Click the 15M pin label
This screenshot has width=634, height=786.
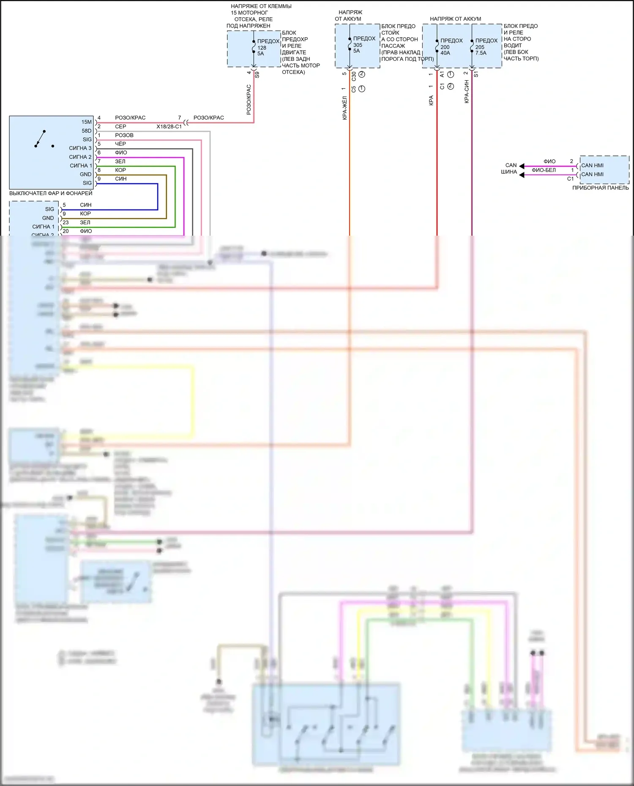[x=86, y=122]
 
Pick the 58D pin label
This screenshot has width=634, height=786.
[x=86, y=131]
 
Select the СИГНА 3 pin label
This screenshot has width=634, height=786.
[x=80, y=148]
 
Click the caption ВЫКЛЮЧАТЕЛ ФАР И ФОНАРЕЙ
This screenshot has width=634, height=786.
[x=51, y=193]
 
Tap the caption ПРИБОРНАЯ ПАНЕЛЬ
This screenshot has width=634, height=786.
[x=600, y=188]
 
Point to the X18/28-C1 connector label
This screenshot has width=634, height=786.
[x=169, y=127]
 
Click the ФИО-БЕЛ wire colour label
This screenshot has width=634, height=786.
[x=544, y=170]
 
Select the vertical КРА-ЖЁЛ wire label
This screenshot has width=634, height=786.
[x=345, y=108]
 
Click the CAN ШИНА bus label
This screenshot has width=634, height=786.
[x=510, y=169]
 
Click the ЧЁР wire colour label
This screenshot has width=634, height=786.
[x=120, y=144]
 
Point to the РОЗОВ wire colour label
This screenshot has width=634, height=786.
[x=124, y=135]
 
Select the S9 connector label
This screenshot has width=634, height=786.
[x=257, y=75]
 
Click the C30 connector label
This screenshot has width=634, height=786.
[x=354, y=76]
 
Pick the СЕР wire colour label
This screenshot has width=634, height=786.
[x=120, y=127]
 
